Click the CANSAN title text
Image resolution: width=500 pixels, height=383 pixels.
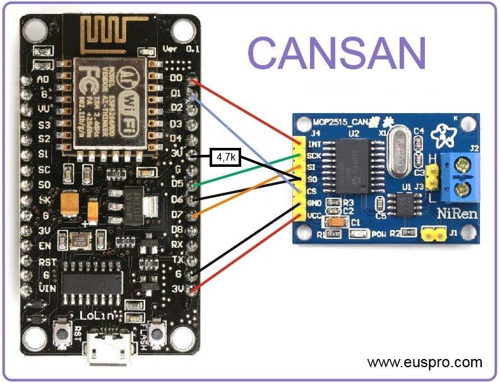click(337, 52)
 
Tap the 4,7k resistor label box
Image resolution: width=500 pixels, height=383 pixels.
click(224, 157)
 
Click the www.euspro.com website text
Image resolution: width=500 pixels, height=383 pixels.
click(424, 363)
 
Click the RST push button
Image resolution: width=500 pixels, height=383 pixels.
click(62, 331)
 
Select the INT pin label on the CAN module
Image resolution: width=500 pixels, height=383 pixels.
click(314, 143)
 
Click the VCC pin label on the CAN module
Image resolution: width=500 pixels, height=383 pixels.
click(314, 216)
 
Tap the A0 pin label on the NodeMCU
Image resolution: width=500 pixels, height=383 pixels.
click(43, 80)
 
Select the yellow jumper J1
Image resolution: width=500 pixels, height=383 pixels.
click(432, 234)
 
